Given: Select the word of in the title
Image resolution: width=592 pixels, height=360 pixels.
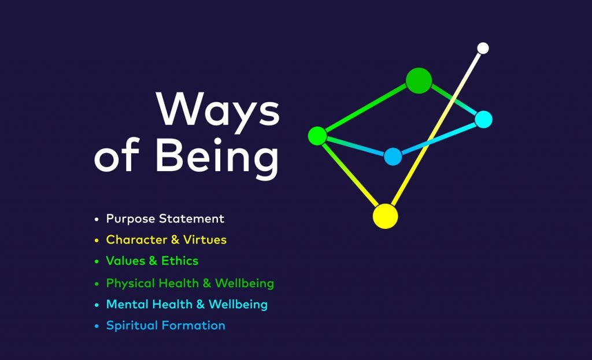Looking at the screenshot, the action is tap(117, 155).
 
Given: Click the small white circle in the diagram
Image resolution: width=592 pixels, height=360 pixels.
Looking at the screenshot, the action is tap(483, 49).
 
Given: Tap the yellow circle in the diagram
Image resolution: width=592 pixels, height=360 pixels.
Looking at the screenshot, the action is tap(385, 216).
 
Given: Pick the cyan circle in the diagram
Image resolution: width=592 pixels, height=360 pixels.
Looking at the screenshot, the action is tap(483, 120).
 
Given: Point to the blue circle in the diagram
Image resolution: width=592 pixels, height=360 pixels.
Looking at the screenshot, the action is tap(393, 157).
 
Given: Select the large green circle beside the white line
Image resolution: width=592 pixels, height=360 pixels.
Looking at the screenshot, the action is tap(419, 80).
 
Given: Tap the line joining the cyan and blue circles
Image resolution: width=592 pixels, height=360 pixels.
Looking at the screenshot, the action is tap(438, 138).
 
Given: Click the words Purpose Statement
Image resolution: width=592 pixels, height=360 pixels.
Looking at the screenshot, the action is tap(165, 219).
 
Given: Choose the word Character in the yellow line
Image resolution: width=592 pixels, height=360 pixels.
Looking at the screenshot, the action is tap(136, 240).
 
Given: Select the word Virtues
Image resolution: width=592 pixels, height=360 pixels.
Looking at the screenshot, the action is tap(205, 240).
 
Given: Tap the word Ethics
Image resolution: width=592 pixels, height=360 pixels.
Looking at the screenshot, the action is tap(180, 261).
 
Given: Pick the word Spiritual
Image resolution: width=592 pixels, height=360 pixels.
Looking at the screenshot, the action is tap(132, 326).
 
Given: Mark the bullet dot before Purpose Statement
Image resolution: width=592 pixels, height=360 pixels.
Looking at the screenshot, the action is tap(97, 219).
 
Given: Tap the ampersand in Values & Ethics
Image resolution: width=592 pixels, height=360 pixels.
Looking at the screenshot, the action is tap(153, 261).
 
